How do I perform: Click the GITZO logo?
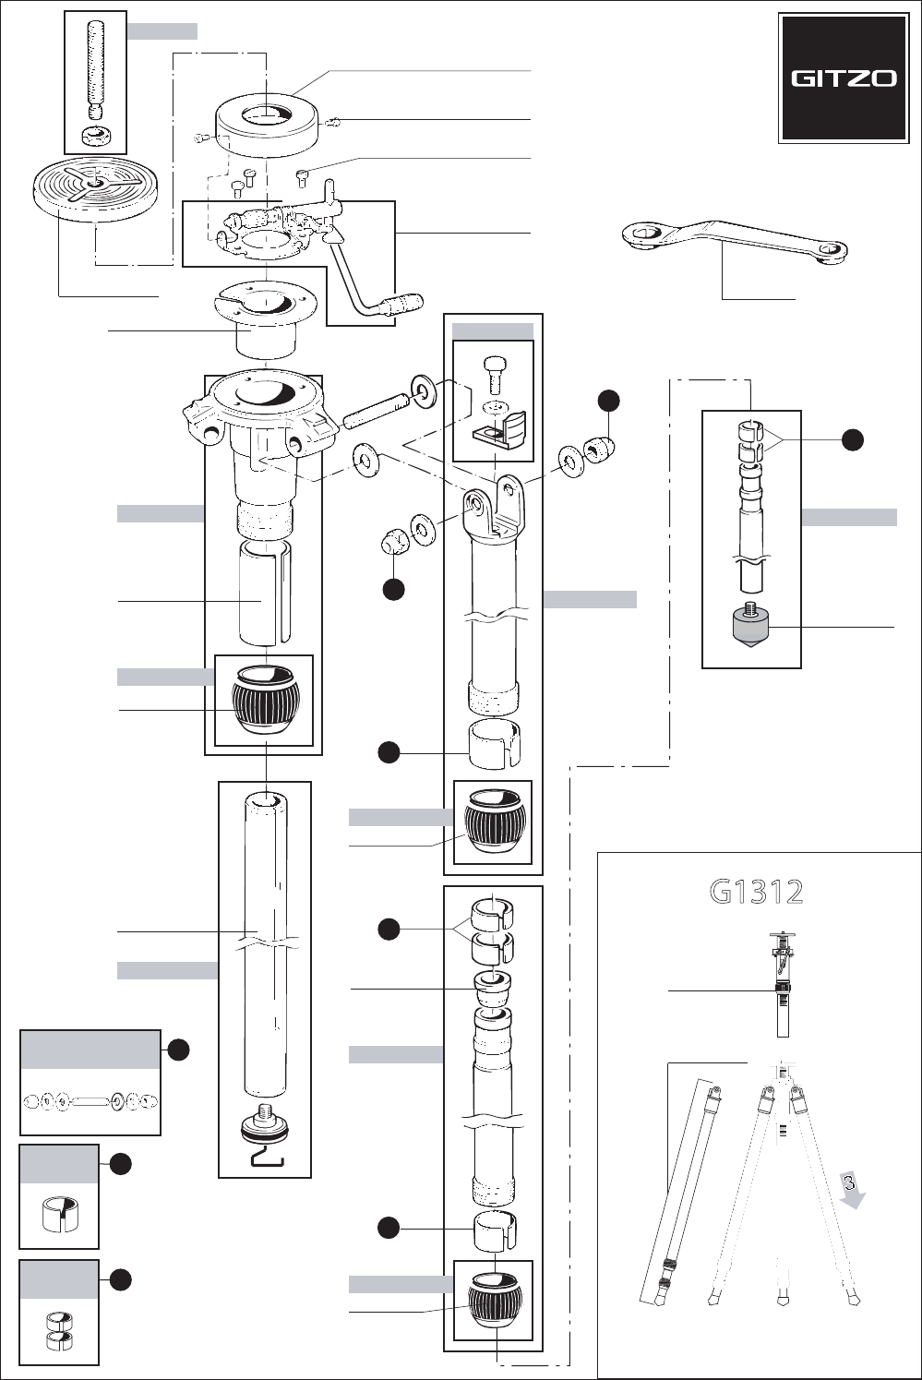click(844, 78)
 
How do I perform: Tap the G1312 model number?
click(756, 892)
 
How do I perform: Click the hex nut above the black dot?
click(393, 540)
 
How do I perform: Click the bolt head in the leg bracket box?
click(492, 374)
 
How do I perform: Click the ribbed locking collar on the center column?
click(266, 700)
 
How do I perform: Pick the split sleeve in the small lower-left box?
click(58, 1214)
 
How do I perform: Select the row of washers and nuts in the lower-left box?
click(90, 1101)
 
